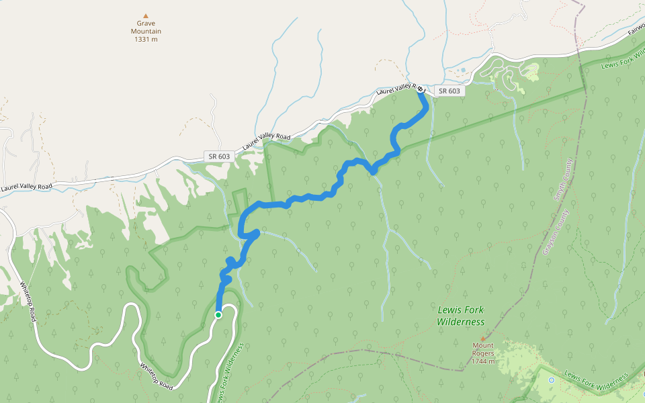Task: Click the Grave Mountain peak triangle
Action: point(145,15)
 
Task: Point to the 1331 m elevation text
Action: point(146,39)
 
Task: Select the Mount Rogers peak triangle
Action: point(482,338)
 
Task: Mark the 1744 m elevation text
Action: point(483,361)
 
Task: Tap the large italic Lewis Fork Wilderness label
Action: point(460,316)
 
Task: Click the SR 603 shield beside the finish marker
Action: point(449,91)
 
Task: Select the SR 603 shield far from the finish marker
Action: point(219,156)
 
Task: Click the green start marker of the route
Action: point(218,314)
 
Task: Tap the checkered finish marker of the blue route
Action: point(420,89)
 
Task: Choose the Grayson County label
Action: point(552,232)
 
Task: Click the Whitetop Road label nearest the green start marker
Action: point(157,377)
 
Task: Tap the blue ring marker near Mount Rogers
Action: point(552,380)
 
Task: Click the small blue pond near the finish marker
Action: point(462,70)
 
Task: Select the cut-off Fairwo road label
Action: point(636,31)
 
